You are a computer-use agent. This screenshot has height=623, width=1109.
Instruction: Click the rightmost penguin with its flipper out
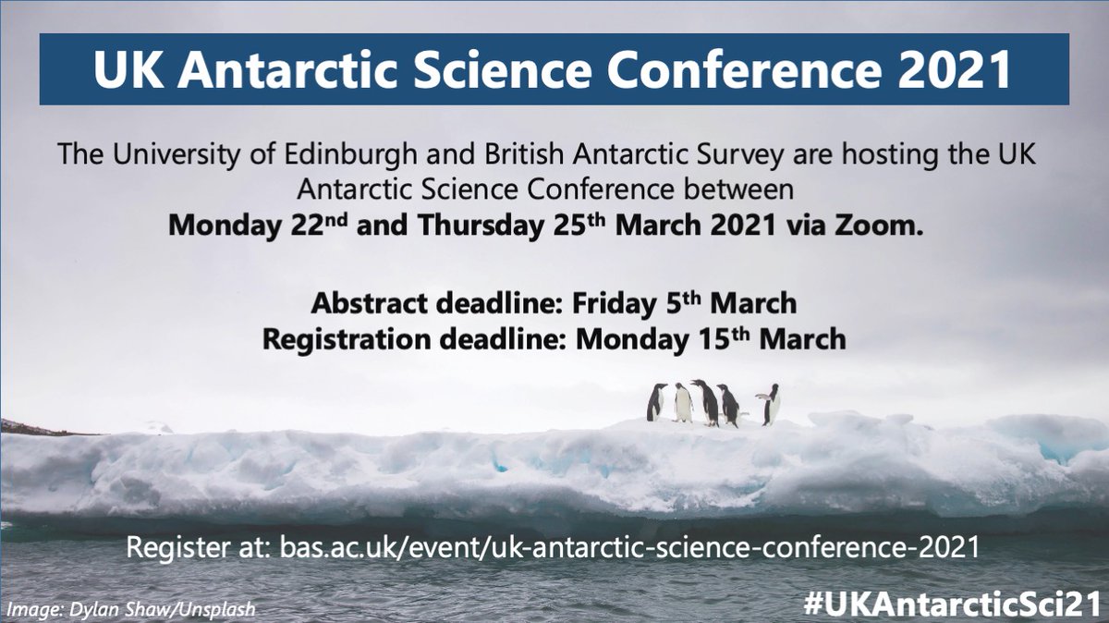point(770,404)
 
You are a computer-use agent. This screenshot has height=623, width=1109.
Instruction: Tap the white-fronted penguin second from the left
point(682,402)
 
